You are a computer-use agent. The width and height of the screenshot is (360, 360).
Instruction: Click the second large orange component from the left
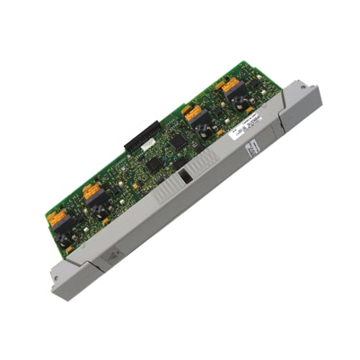(x=92, y=192)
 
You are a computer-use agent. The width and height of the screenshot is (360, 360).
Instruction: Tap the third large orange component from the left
(x=192, y=113)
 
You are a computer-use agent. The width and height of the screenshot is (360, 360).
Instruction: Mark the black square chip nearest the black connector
(x=177, y=141)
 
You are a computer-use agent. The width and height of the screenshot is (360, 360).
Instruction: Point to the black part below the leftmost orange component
(x=65, y=230)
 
